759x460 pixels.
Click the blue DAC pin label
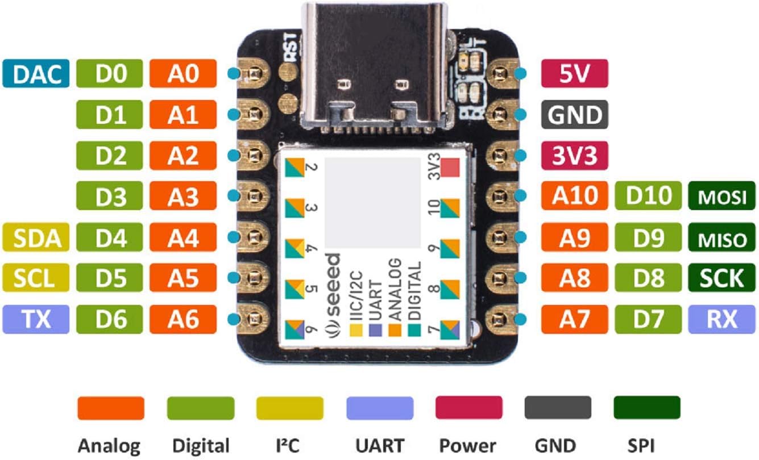[36, 73]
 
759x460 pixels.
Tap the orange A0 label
[183, 73]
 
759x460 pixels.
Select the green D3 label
[110, 196]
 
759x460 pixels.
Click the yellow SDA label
[36, 237]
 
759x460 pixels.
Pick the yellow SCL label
[36, 278]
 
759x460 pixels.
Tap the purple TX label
[36, 319]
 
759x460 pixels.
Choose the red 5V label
[575, 73]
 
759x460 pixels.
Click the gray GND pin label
[575, 114]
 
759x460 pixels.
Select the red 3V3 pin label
[575, 156]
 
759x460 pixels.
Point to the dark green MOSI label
[721, 196]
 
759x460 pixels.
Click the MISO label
[721, 237]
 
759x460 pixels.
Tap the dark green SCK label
[721, 278]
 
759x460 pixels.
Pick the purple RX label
[721, 319]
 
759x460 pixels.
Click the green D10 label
[648, 196]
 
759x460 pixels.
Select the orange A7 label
[575, 319]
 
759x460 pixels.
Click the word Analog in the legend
[109, 446]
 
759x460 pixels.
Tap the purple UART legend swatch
[380, 408]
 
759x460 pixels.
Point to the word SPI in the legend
[641, 445]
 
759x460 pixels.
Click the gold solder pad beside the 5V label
[501, 73]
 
